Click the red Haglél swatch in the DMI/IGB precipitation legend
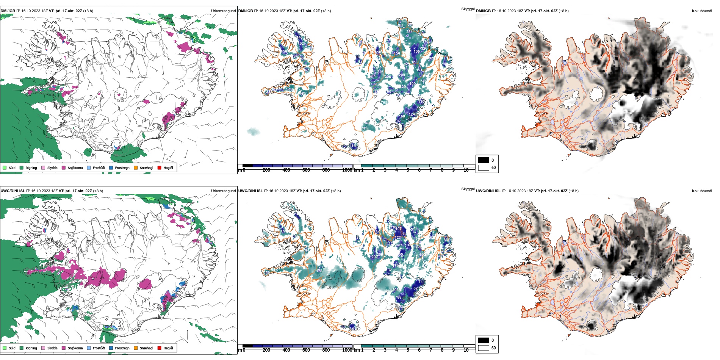coord(160,167)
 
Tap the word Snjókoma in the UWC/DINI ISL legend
coord(75,348)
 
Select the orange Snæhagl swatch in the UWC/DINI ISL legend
coord(136,348)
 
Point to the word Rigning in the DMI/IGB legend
coord(31,168)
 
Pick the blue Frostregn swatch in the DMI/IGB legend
coord(111,167)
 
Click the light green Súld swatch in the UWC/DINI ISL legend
coord(5,348)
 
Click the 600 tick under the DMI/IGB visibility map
coord(306,170)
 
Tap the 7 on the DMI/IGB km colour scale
coord(430,170)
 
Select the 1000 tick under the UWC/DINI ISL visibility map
coord(347,350)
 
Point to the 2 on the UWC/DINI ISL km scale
coord(374,350)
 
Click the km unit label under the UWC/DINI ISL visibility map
coord(357,350)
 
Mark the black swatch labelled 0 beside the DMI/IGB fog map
coord(484,160)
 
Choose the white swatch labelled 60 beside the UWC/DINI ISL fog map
coord(484,348)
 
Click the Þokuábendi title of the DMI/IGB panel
coord(702,11)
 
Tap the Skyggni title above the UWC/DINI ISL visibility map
coord(468,189)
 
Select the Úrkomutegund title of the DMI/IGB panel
coord(223,11)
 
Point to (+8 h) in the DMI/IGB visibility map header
coord(326,11)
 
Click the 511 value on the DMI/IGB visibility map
coord(401,26)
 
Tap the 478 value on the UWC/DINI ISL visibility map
coord(319,271)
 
